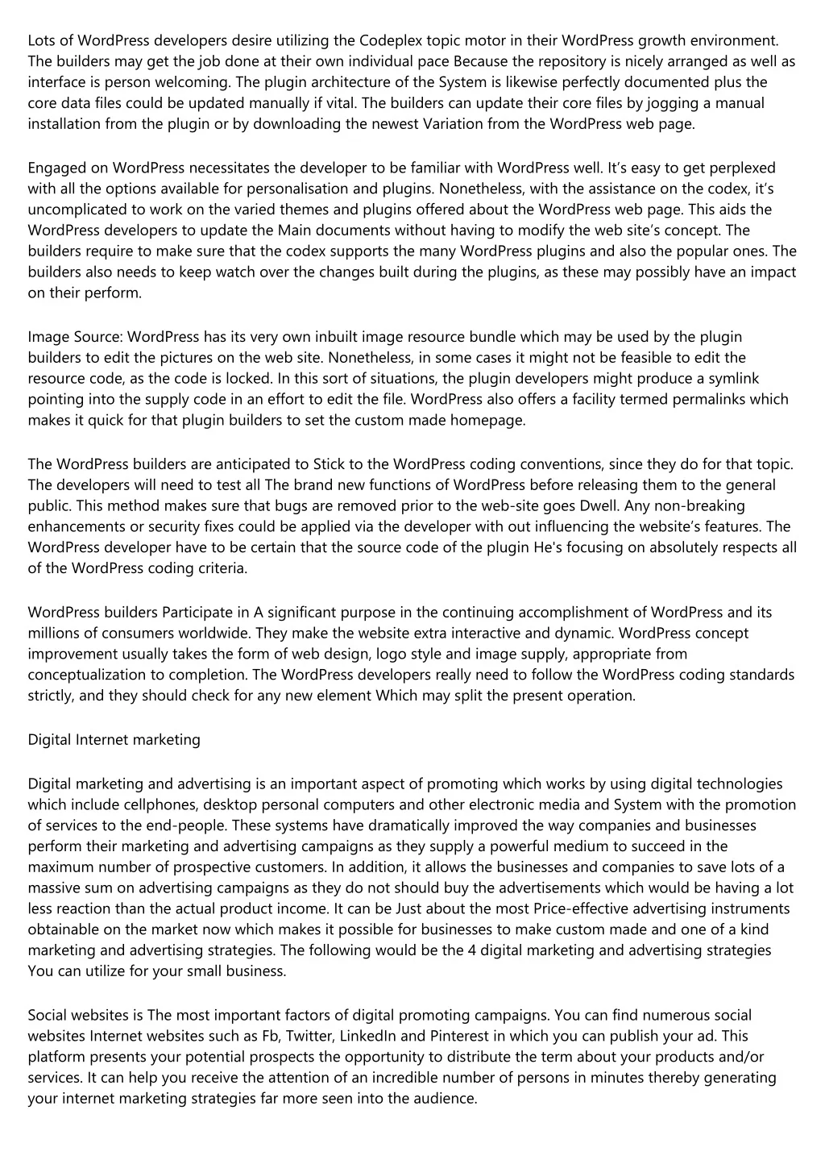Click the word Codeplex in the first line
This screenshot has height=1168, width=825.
tap(391, 39)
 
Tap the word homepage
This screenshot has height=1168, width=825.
tap(486, 420)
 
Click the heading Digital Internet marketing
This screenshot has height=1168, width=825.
tap(114, 739)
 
